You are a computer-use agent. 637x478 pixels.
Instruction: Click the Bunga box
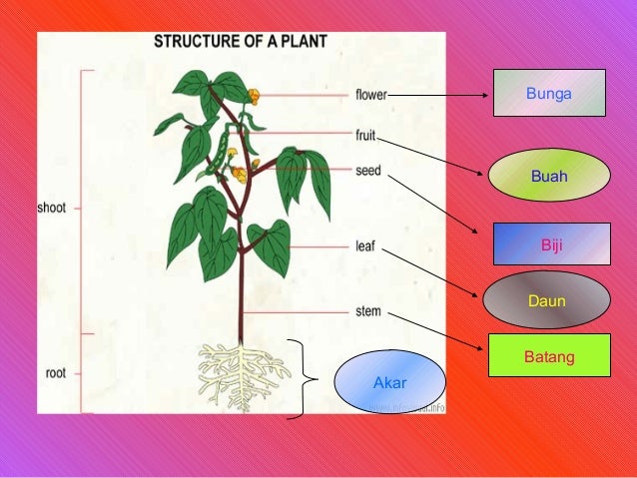click(x=548, y=93)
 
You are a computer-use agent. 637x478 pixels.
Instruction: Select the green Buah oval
click(x=548, y=177)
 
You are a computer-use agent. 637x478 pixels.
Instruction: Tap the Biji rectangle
click(x=552, y=243)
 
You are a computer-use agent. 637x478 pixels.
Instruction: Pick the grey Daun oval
click(x=546, y=299)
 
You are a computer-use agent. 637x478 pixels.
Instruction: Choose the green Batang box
click(x=548, y=355)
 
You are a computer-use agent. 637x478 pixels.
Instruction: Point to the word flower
click(x=370, y=96)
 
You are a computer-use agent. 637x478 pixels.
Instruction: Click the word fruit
click(x=365, y=134)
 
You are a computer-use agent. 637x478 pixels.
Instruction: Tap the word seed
click(x=367, y=170)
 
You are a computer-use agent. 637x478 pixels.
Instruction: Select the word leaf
click(x=365, y=243)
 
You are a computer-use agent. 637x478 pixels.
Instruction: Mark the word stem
click(x=367, y=311)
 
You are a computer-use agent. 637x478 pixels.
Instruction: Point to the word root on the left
click(x=57, y=374)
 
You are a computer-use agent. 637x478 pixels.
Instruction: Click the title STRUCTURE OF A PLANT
click(x=240, y=43)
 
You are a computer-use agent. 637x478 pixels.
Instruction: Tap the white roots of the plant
click(x=241, y=374)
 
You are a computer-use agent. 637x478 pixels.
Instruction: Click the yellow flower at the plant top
click(x=254, y=97)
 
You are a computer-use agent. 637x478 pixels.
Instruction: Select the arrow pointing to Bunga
click(x=439, y=97)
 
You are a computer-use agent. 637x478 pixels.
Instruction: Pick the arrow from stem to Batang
click(x=437, y=333)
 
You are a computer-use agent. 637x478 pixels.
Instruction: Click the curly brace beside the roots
click(x=304, y=379)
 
